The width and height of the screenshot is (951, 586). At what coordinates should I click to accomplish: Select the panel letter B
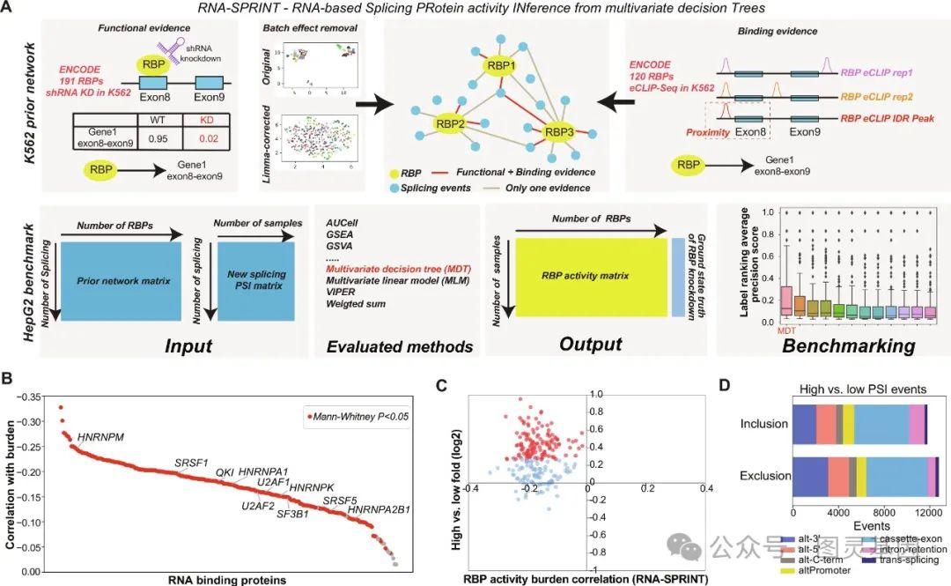point(10,377)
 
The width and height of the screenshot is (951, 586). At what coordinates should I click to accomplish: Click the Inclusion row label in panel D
point(764,424)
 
